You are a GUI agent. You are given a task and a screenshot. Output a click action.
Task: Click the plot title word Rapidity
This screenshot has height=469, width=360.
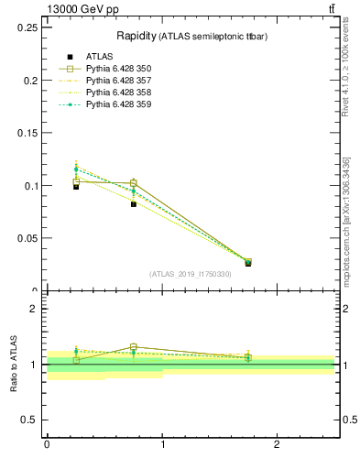(x=135, y=36)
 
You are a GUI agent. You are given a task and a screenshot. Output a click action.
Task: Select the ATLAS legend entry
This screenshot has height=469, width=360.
(x=99, y=57)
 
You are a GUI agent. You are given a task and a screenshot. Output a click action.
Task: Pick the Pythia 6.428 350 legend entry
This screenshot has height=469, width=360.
(x=118, y=69)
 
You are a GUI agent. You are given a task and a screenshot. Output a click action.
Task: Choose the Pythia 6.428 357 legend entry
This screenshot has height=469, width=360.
(x=118, y=81)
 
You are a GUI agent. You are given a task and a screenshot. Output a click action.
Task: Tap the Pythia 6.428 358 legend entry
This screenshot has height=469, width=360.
(x=118, y=93)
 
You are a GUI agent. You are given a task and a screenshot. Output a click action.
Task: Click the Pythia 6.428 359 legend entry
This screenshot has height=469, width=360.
(x=118, y=104)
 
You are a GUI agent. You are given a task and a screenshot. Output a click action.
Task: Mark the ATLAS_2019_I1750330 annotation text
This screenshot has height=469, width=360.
(x=190, y=274)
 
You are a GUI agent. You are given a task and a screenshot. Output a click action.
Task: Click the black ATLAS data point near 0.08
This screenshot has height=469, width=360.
(x=134, y=204)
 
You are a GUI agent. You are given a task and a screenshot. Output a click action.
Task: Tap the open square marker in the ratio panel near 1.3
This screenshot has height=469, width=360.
(x=134, y=347)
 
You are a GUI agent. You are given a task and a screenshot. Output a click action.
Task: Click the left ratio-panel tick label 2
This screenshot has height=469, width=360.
(x=34, y=309)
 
